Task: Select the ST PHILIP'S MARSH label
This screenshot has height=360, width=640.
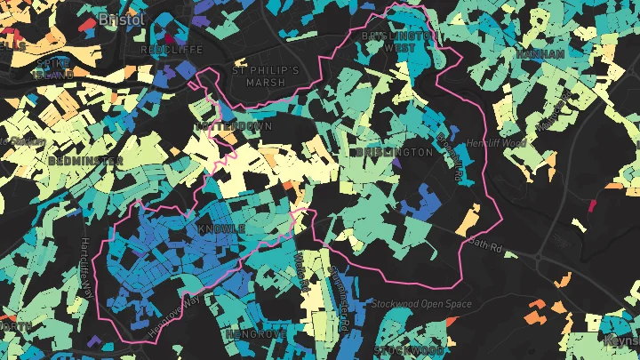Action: [259, 76]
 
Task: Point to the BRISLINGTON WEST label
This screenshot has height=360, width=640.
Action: [400, 41]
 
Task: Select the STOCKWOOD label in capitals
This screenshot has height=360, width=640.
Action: [408, 350]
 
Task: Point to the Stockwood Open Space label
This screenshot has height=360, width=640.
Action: [422, 305]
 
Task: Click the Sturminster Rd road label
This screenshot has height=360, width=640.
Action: [339, 298]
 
